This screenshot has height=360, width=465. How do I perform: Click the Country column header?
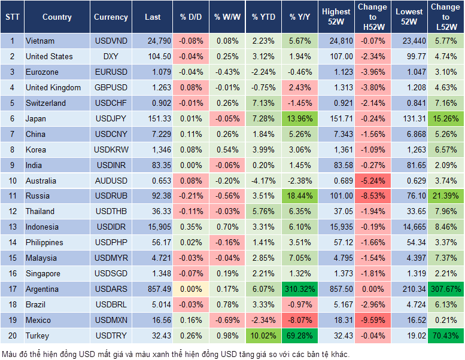(x=57, y=17)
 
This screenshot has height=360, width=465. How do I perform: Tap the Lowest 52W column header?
(x=409, y=17)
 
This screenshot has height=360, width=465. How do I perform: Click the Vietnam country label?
(x=40, y=41)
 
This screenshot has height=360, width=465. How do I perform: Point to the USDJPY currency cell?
(x=111, y=119)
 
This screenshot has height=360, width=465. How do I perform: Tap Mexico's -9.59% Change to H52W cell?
(x=373, y=321)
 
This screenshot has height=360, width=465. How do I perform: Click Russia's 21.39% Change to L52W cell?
(x=445, y=196)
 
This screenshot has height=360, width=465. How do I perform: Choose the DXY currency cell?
(x=111, y=57)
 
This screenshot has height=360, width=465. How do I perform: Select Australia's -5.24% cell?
(x=373, y=181)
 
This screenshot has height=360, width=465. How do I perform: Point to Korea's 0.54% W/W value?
(x=226, y=150)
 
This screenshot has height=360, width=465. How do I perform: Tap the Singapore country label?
(x=43, y=274)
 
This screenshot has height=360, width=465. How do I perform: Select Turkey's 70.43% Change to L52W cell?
(x=445, y=336)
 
